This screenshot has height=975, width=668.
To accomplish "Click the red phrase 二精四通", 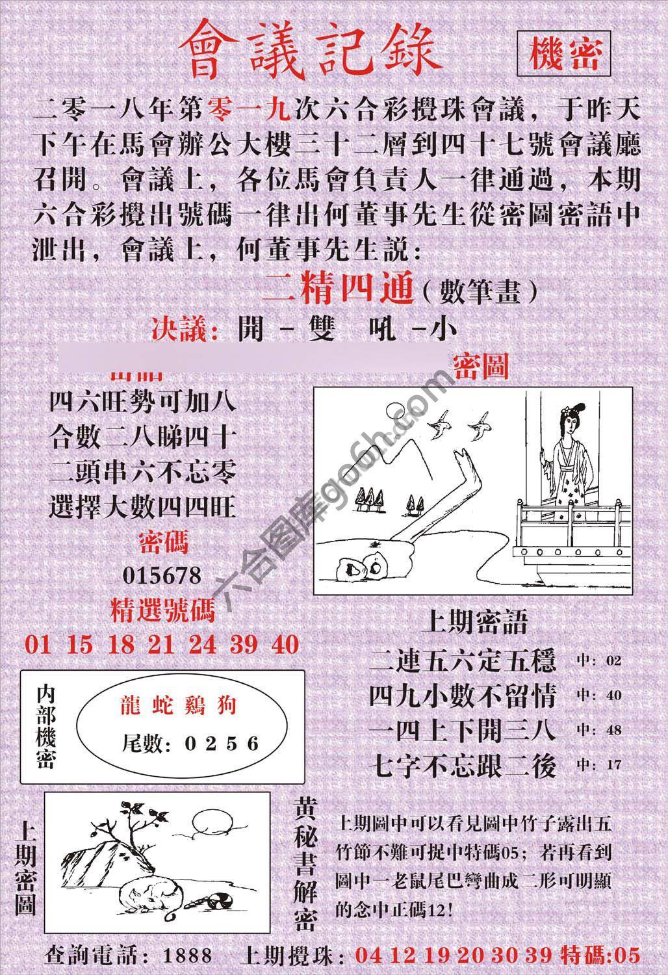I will click(x=338, y=292).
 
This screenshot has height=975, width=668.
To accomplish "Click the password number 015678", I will click(x=162, y=575).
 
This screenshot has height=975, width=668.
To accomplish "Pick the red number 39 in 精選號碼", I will click(x=242, y=644).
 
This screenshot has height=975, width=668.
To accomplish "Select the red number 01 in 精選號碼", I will click(x=38, y=644).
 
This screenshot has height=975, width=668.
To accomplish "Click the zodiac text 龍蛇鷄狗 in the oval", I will click(x=177, y=707).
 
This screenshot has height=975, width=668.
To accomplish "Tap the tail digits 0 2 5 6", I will click(x=221, y=744).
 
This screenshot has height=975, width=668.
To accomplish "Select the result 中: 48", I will click(x=598, y=730).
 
